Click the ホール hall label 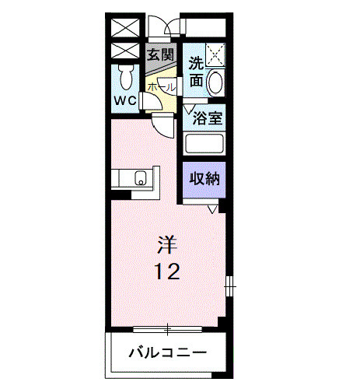coord(162,89)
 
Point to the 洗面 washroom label coord(196,72)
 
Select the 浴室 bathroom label coord(209,118)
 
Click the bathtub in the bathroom coord(204,144)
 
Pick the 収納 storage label coord(204,178)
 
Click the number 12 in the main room coord(167,272)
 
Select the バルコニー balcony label coord(167,352)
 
